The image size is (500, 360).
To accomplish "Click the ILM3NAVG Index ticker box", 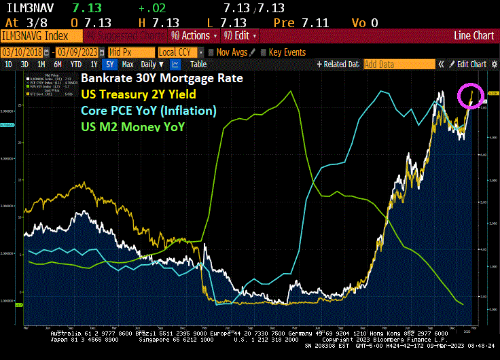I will point(41,35).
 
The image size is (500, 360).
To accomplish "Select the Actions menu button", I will point(194,35).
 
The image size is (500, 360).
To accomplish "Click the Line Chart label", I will point(474,35).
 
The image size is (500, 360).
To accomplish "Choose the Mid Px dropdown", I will point(129,52).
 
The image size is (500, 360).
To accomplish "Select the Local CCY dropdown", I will point(179,52).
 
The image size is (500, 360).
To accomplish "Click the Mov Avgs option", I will point(232,52).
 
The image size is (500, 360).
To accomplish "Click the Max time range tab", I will point(128,65).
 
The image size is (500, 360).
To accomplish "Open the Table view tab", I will point(198,65).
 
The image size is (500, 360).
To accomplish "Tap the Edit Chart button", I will point(471,65).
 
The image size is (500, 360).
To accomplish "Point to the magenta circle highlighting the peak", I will point(469,96).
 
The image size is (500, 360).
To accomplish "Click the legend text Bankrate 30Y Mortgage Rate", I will point(161,78).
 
